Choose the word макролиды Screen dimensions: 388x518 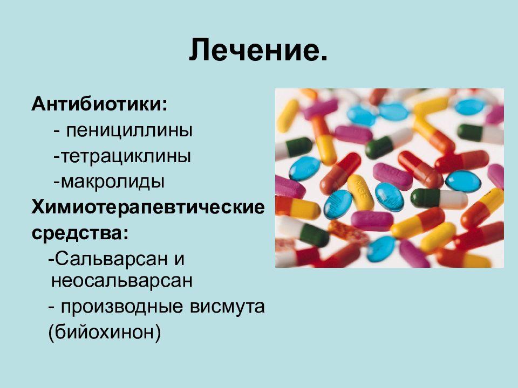113,182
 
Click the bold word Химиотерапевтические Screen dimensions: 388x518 148,207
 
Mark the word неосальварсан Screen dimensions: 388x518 122,281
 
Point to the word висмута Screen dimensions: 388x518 228,307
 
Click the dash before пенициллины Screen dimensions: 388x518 57,131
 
